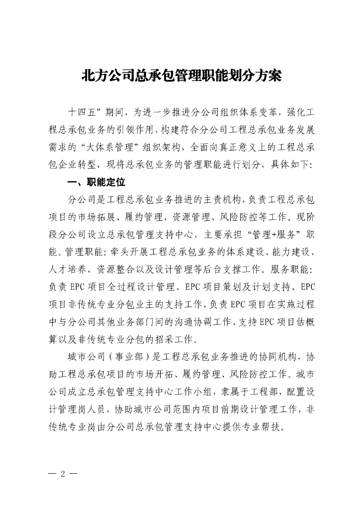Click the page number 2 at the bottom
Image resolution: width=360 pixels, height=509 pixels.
(63, 472)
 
